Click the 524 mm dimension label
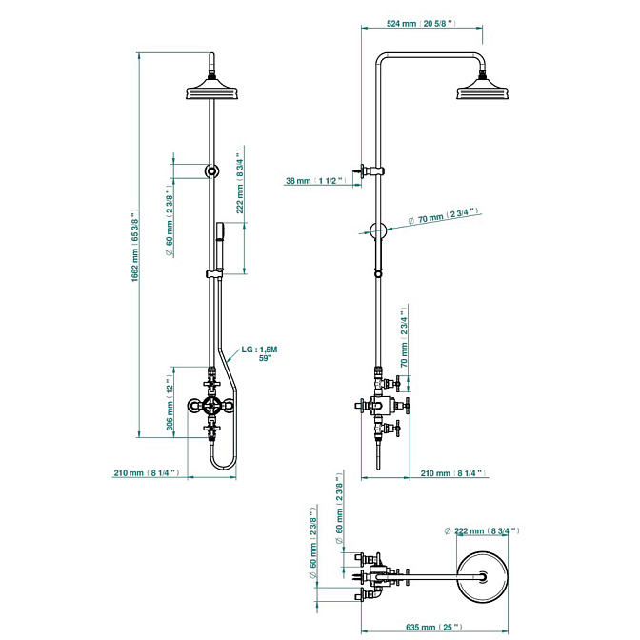point(420,23)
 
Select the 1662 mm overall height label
point(136,246)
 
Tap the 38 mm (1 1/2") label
point(315,180)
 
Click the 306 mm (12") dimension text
point(170,402)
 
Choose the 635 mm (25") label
point(434,627)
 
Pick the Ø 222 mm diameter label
point(482,531)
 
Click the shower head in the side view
point(483,87)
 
